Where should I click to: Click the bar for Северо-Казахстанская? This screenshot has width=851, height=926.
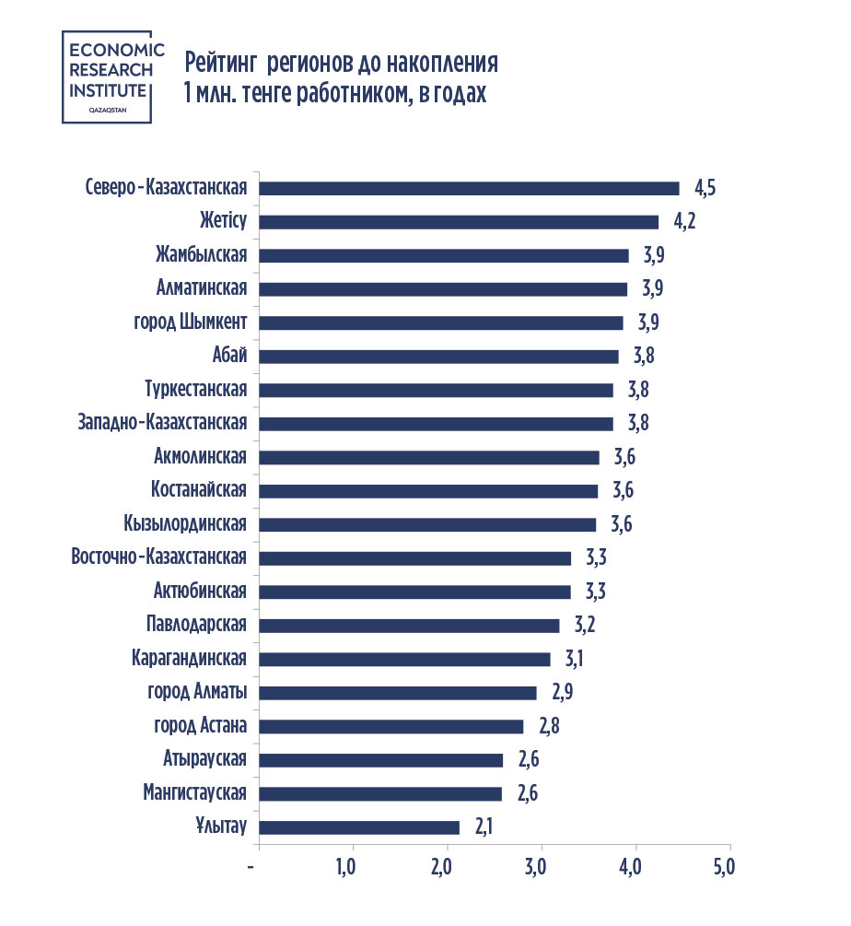pos(469,188)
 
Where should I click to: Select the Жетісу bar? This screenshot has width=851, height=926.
pos(459,221)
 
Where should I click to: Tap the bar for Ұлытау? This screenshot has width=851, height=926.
pos(359,827)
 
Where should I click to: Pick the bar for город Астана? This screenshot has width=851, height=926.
pos(391,726)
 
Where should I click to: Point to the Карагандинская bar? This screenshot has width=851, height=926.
pos(405,659)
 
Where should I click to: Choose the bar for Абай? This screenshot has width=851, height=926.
pos(438,357)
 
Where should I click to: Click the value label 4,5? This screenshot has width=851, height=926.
pos(705,189)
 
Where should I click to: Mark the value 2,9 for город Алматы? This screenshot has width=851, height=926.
pos(563,693)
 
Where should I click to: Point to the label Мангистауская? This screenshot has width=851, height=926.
pos(194,793)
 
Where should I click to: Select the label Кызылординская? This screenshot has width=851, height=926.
pos(184,524)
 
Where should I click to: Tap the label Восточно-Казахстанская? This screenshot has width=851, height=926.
pos(158,557)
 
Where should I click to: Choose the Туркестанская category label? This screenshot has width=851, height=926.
pos(195,390)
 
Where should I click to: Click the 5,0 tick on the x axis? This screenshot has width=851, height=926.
pos(724,867)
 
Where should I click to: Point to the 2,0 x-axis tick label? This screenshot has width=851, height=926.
pos(441,867)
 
